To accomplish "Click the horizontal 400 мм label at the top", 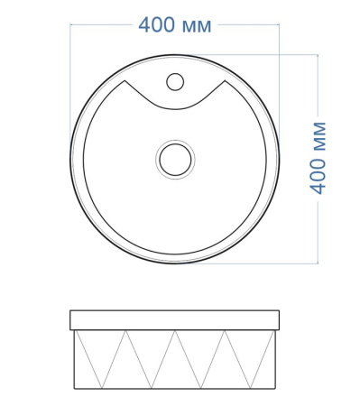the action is click(x=175, y=25).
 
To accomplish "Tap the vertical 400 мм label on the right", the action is click(x=318, y=158).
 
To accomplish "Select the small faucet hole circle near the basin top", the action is click(x=175, y=82).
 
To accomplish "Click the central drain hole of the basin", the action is click(x=175, y=160).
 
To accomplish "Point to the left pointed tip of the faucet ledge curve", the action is click(x=125, y=80).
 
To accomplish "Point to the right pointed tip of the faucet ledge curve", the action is click(x=225, y=80).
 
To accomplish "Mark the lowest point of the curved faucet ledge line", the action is click(x=175, y=109).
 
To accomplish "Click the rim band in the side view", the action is click(x=174, y=320).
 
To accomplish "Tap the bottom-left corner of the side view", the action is click(x=74, y=389).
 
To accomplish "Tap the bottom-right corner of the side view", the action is click(x=275, y=389).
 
